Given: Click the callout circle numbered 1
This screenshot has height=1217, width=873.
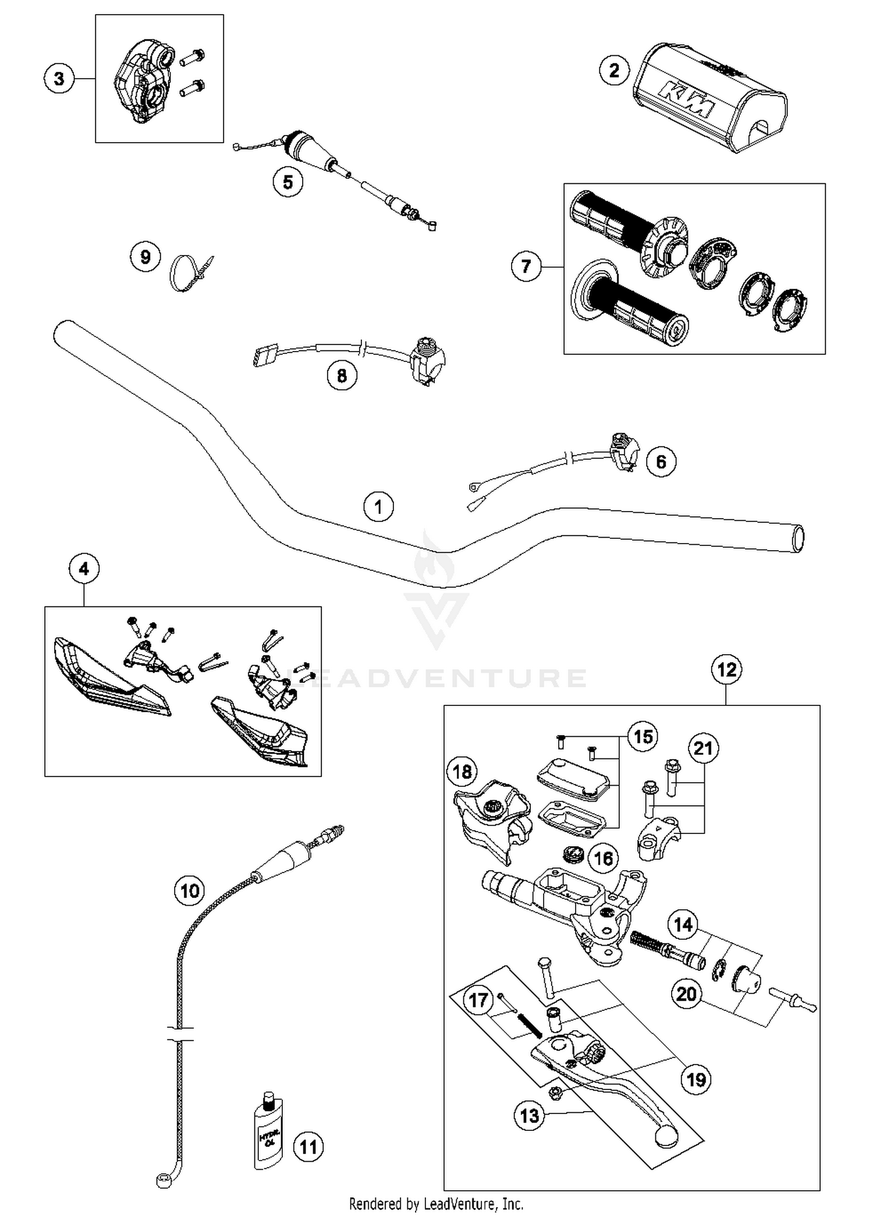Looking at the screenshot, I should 378,506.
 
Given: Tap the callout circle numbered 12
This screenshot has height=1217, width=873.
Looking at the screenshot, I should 727,670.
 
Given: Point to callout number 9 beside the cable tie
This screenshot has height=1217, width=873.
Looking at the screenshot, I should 145,257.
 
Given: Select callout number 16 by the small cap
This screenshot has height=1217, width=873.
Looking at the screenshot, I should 603,858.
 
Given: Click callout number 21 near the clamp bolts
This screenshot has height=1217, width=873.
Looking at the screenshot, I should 703,748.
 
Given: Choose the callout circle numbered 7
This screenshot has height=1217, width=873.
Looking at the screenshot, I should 526,267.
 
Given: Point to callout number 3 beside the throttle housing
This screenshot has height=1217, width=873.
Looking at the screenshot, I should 59,78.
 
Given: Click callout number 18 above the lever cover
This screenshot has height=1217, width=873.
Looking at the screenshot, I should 462,772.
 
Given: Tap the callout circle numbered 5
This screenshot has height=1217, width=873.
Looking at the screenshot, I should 288,182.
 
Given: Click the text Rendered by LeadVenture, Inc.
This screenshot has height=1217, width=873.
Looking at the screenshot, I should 436,1203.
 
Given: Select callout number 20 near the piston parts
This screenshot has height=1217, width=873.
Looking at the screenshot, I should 686,994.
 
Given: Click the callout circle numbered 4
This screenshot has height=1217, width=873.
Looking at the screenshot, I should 84,569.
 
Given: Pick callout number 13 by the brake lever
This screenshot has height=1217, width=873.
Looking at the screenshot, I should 529,1116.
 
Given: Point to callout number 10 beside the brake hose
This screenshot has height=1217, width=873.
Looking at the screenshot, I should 190,890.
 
